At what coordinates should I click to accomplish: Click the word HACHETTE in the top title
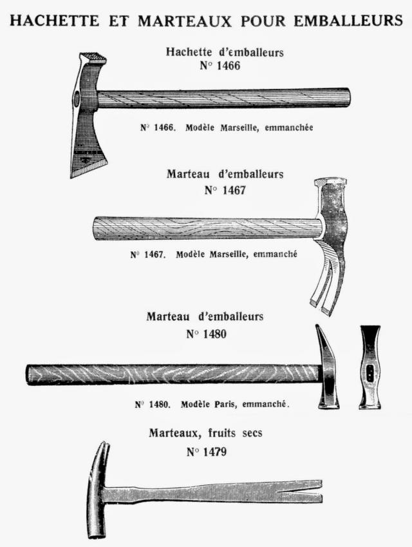click(x=54, y=20)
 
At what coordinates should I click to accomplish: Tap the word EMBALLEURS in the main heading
click(x=348, y=20)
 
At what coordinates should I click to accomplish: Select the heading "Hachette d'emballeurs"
click(x=225, y=52)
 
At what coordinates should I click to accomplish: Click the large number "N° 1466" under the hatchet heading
click(x=220, y=66)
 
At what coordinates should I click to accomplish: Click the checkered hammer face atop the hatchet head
click(x=93, y=57)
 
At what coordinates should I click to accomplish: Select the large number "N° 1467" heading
click(x=225, y=191)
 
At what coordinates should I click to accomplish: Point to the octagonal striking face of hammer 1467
click(x=330, y=182)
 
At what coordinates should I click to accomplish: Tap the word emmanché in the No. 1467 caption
click(x=275, y=254)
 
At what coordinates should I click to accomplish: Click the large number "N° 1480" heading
click(x=207, y=334)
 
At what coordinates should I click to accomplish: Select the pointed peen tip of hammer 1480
click(x=318, y=327)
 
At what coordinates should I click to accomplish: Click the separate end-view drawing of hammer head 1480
click(x=370, y=367)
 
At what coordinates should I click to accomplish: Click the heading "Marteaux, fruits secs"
click(x=205, y=433)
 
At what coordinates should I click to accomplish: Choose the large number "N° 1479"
click(x=207, y=452)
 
